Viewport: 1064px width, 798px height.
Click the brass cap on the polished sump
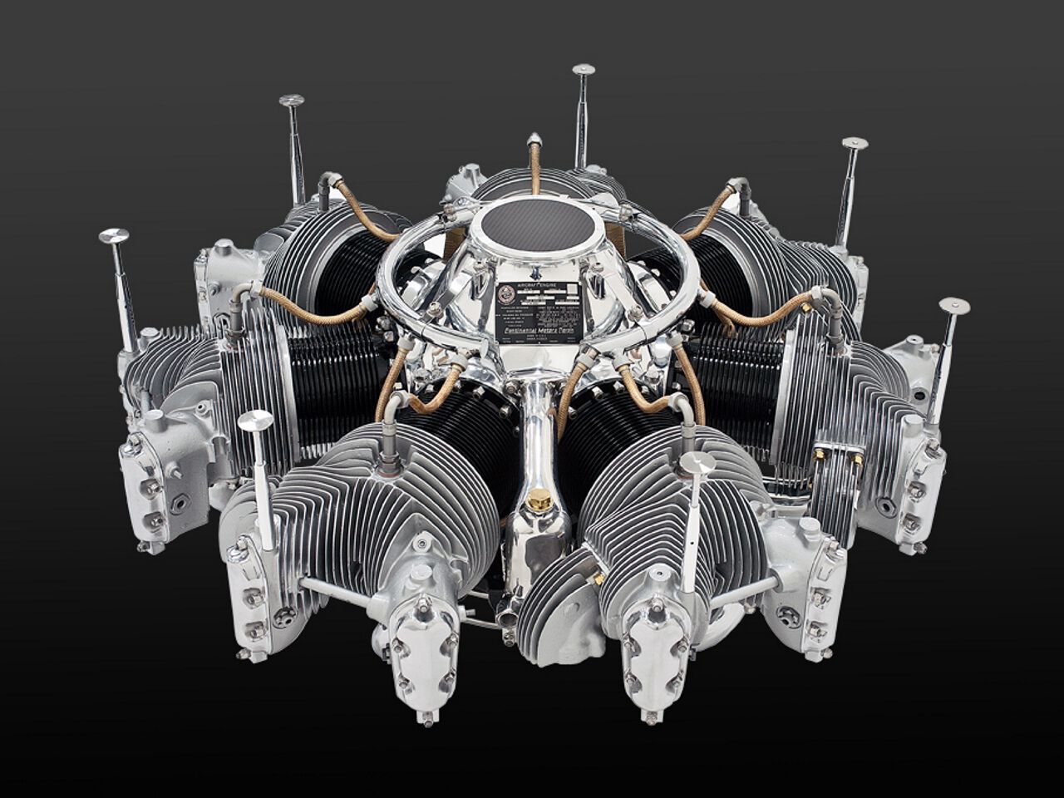click(539, 500)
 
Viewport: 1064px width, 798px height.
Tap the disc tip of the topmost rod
click(584, 69)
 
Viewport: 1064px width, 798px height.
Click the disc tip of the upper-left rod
click(291, 101)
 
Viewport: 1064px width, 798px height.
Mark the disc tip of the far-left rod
click(113, 236)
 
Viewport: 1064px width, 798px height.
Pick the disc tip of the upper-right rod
click(855, 143)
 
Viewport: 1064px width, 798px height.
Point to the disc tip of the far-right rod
click(954, 305)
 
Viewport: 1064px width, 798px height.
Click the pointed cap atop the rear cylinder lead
click(534, 139)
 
